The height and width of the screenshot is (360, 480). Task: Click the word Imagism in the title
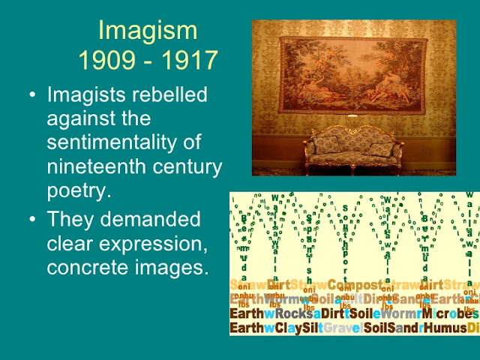click(x=148, y=32)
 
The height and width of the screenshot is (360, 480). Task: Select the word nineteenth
click(x=91, y=166)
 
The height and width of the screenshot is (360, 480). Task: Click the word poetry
click(x=79, y=190)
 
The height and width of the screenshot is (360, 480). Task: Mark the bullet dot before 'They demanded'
click(x=31, y=220)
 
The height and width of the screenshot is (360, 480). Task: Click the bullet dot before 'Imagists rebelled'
click(x=31, y=97)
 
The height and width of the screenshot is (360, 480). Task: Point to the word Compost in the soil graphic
click(x=355, y=285)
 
